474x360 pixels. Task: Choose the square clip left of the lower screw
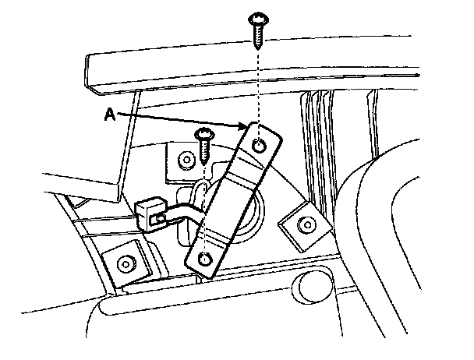[186, 159]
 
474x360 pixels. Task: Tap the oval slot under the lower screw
[201, 191]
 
